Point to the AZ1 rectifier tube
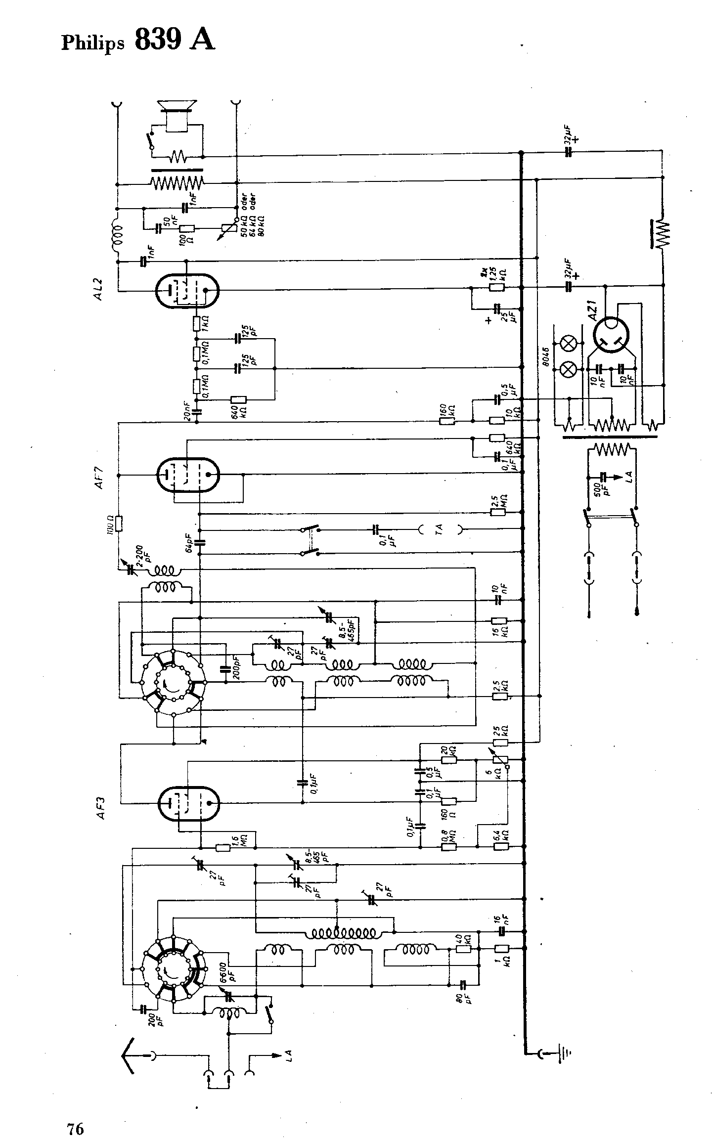point(611,335)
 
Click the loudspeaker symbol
point(177,116)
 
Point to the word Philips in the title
point(92,44)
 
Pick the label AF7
point(100,477)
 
